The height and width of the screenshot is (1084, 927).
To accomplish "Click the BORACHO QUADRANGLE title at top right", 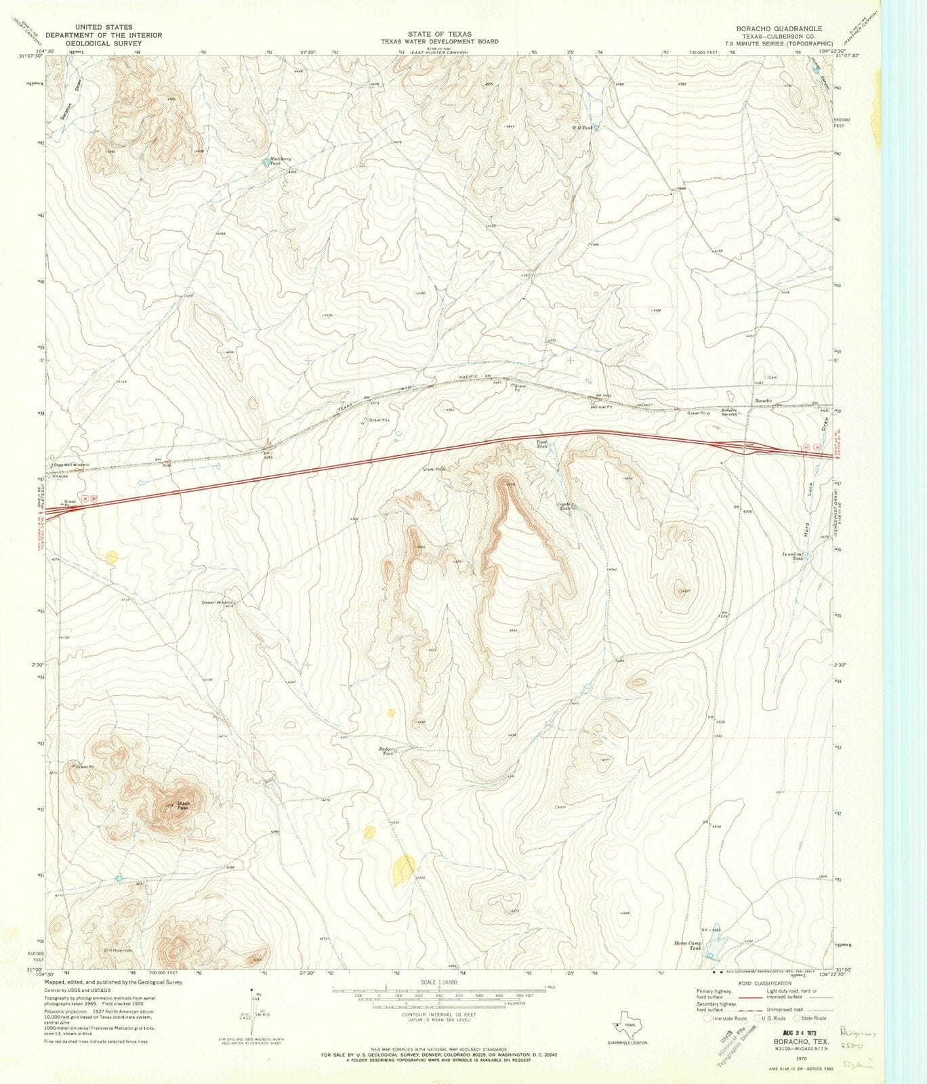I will click(779, 28).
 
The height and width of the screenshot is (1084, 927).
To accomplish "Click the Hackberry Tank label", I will click(274, 163).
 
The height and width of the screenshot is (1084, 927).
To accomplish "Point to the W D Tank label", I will click(582, 127).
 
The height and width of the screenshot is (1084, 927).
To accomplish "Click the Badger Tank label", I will click(387, 751).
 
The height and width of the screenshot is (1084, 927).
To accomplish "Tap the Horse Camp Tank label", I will click(688, 946).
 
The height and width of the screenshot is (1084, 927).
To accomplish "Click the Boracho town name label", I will click(764, 401).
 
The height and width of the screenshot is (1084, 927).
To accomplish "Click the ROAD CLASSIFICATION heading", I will click(766, 982).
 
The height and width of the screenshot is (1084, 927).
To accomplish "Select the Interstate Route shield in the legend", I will click(708, 1018).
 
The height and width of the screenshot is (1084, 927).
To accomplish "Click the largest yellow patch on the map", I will click(403, 869).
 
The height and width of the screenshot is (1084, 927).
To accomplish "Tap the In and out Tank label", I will click(797, 556).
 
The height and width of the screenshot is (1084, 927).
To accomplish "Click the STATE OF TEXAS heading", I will click(440, 34).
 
